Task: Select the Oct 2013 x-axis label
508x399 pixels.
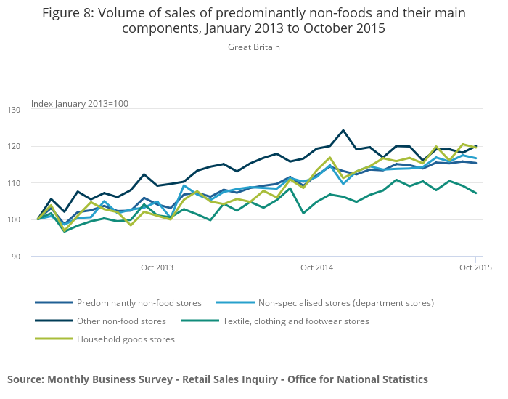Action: (x=157, y=268)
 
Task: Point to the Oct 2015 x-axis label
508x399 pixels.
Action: (x=475, y=268)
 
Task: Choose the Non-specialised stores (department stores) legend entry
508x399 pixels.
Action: (x=345, y=302)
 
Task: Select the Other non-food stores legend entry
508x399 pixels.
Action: (x=121, y=321)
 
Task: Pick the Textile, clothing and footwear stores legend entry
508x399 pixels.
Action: (x=295, y=321)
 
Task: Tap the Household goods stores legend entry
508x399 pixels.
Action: (x=126, y=339)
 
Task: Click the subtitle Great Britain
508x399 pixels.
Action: (x=253, y=47)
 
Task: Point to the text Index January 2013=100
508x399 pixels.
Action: (x=80, y=104)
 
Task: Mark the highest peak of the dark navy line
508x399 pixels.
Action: (x=343, y=131)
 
